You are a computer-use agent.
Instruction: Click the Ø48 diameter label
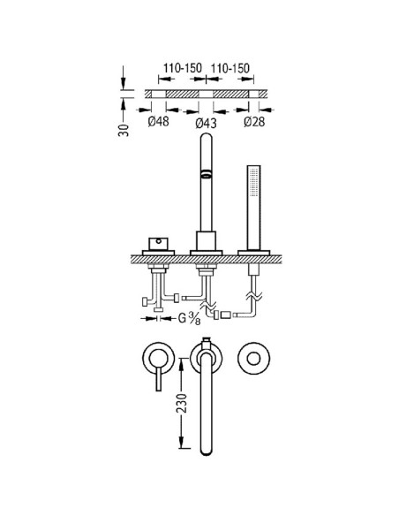158,121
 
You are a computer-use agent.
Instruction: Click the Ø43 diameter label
206,124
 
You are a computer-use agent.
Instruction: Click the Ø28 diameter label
254,121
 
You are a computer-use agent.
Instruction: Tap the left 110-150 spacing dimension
183,68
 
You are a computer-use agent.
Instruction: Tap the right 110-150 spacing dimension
230,68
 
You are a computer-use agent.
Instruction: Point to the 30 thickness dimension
124,130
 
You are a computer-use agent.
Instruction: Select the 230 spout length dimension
182,403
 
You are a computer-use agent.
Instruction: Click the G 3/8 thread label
189,318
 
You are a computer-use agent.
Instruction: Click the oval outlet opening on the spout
206,174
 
